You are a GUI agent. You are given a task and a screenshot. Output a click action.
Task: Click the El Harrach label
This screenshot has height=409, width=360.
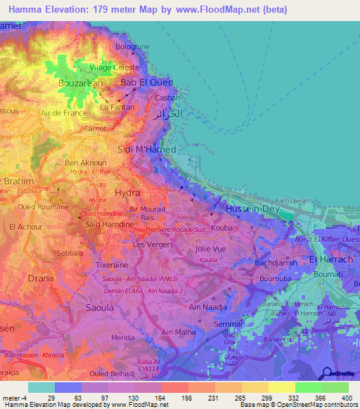(330, 261)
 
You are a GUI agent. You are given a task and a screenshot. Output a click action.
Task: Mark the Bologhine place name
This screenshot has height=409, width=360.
(133, 47)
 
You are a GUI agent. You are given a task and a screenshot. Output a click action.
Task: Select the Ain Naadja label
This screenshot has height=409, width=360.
(206, 307)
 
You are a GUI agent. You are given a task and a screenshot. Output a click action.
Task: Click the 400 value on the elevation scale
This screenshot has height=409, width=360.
(347, 397)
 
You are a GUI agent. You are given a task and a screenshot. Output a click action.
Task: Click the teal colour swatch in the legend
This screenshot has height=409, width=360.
(41, 387)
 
